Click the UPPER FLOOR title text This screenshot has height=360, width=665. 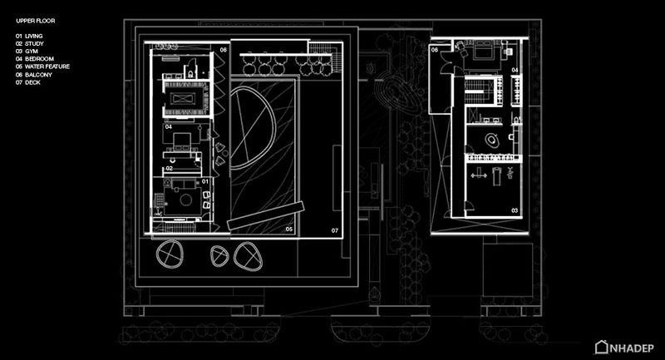point(36,21)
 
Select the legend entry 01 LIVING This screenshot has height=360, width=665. point(29,36)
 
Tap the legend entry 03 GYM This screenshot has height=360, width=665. point(27,52)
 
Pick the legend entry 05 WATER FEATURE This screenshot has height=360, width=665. point(43,67)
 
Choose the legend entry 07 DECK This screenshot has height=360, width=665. point(28,82)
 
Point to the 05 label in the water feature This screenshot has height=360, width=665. point(288,229)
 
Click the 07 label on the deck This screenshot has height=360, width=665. point(335,230)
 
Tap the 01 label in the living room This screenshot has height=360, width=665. point(205,181)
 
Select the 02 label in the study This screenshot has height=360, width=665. point(170,168)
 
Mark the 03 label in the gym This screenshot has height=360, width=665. point(515,210)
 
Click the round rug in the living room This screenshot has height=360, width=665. point(185,200)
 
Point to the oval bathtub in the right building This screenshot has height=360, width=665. point(491,140)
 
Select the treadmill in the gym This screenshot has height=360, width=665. point(496,176)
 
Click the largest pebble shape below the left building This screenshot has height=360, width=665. point(170,254)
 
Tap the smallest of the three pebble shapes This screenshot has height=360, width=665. point(219,256)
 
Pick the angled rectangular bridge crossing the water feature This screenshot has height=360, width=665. point(266,215)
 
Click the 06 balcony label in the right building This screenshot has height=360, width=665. point(435,50)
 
